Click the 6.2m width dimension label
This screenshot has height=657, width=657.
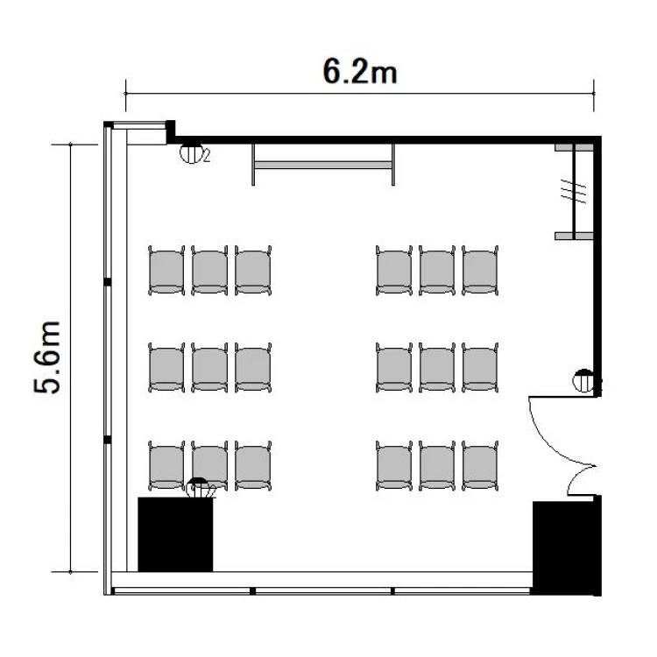360,72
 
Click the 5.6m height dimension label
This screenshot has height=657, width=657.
47,357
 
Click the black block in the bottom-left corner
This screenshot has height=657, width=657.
175,534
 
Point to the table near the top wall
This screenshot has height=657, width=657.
323,165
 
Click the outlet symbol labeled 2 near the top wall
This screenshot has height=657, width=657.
191,153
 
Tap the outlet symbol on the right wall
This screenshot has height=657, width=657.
583,380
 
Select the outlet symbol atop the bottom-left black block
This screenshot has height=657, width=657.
198,488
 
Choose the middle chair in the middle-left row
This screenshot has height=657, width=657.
209,367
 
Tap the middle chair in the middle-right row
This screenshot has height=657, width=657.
437,367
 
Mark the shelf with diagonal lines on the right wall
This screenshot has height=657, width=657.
574,192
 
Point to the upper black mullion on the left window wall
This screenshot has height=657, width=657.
107,282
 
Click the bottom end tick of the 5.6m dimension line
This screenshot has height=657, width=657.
70,571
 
